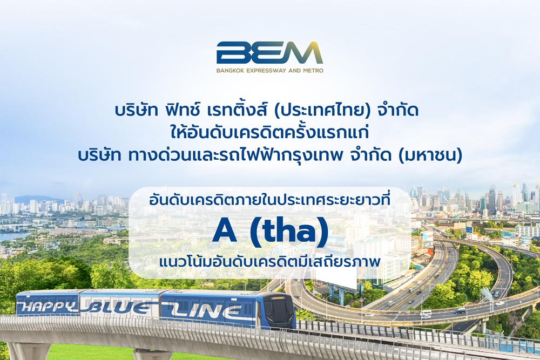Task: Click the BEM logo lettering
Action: [269, 53]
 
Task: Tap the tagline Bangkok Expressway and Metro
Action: [269, 71]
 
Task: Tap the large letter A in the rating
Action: [225, 231]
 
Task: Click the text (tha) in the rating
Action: [289, 232]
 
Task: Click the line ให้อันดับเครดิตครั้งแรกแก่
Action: [269, 133]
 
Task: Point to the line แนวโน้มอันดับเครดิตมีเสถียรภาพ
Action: [269, 262]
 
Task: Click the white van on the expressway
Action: [426, 313]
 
